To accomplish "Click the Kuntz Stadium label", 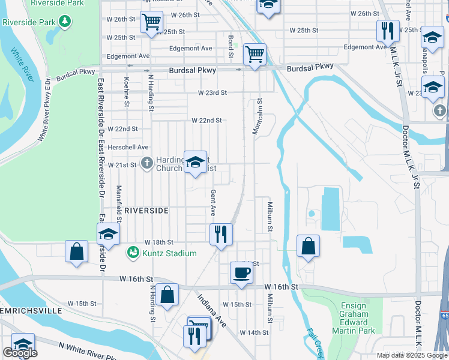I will click(169, 253).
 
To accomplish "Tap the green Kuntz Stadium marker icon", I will click(133, 253).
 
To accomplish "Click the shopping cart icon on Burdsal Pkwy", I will click(255, 54).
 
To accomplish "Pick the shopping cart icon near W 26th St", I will click(151, 22).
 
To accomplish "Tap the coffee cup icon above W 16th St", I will click(241, 273).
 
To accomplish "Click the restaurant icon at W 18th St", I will click(221, 234).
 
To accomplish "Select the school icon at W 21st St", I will click(195, 162).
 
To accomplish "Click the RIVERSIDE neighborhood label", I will click(146, 211).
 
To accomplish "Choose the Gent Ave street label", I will click(213, 203).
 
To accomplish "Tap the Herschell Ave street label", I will click(127, 147).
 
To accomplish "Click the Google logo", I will click(20, 353).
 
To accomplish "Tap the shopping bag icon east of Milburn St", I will click(308, 246).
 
